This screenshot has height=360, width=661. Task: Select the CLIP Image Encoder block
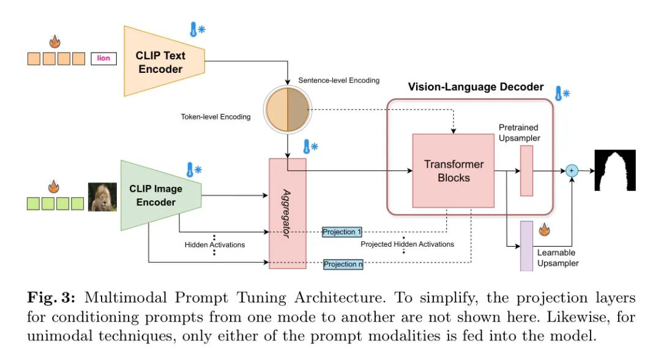(160, 195)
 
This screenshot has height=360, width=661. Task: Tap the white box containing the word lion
(103, 58)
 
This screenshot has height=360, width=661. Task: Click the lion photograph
(102, 197)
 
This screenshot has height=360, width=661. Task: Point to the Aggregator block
(288, 213)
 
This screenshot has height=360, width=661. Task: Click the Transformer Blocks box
(453, 171)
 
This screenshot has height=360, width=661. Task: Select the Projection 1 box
(342, 232)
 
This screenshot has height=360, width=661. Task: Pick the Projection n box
(343, 264)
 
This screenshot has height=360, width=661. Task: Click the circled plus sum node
(572, 171)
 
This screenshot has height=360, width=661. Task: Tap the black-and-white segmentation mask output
(615, 170)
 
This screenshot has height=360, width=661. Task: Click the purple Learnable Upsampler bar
(526, 246)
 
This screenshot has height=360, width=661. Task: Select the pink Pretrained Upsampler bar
(526, 171)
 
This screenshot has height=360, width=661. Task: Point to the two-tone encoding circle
(288, 110)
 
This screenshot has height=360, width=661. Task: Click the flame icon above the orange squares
(55, 41)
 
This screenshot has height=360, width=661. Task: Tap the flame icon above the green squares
(53, 187)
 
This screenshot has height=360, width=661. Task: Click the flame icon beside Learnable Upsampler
(544, 230)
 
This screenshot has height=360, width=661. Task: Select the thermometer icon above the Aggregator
(311, 147)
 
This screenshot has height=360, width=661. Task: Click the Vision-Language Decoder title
(476, 87)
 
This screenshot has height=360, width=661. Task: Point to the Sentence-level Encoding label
(338, 80)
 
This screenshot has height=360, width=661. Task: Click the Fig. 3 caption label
(51, 298)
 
